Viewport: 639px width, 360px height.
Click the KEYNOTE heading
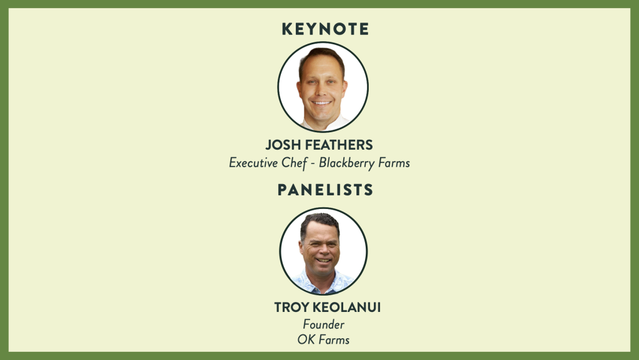tap(325, 29)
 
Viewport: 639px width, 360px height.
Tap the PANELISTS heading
tap(325, 190)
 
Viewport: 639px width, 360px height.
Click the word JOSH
tap(283, 145)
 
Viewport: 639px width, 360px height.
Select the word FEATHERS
tap(339, 145)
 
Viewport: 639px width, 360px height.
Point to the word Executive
tap(253, 162)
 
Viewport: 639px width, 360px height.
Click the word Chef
tap(294, 163)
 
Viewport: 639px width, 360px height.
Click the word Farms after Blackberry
tap(394, 162)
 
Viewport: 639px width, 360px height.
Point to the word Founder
tap(324, 324)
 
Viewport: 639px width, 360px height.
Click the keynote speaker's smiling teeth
tap(321, 103)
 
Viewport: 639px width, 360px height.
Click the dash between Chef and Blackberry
tap(313, 163)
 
